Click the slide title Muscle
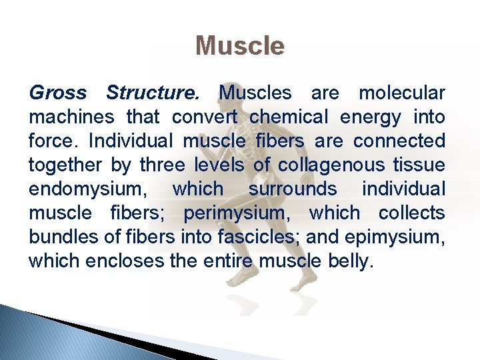coord(240,46)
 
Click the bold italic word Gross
coord(57,93)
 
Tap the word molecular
coord(401,93)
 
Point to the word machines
coord(71,117)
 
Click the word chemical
coord(289,117)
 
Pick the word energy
coord(371,118)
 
